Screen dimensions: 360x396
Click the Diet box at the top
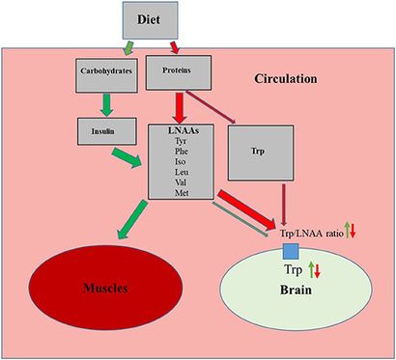pos(151,19)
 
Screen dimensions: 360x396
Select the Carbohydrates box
pos(106,70)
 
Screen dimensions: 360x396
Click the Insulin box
pos(102,126)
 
